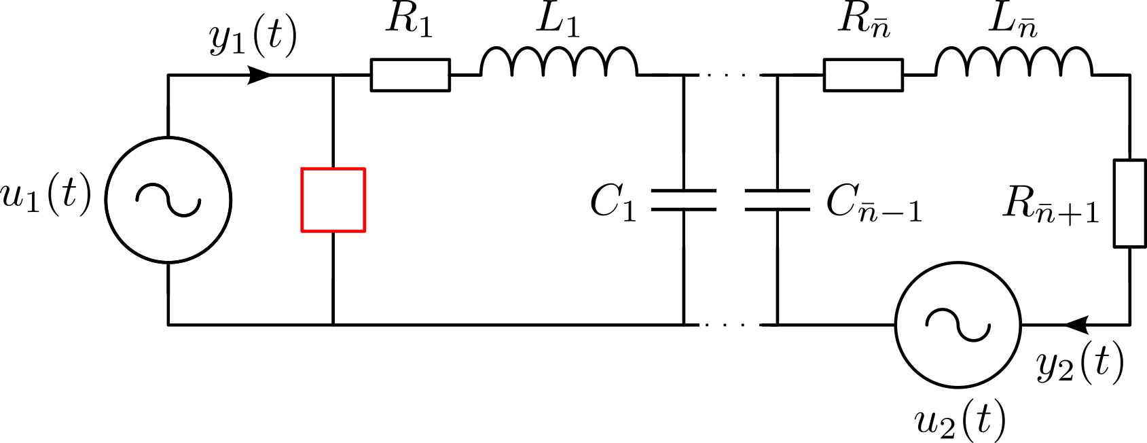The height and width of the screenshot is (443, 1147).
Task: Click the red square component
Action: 333,200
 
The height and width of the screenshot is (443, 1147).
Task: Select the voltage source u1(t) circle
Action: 168,200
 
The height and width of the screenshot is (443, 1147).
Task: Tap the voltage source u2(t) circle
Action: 958,325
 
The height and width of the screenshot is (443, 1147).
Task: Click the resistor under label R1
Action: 410,75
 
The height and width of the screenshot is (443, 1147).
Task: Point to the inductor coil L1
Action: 559,63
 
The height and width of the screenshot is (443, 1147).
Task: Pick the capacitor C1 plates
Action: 683,200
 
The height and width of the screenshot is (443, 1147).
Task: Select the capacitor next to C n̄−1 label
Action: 777,200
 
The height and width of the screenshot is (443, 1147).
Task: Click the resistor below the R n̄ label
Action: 863,75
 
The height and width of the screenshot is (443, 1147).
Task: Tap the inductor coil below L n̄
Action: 1014,63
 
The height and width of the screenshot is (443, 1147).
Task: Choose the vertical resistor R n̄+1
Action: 1130,203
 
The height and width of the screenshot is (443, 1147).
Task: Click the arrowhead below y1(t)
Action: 259,75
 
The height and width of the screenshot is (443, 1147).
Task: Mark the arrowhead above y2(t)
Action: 1076,325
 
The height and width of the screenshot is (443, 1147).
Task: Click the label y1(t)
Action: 253,38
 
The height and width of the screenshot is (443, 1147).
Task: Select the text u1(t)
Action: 46,196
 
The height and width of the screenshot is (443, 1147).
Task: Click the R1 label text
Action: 409,20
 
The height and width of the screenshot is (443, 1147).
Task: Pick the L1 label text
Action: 558,20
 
